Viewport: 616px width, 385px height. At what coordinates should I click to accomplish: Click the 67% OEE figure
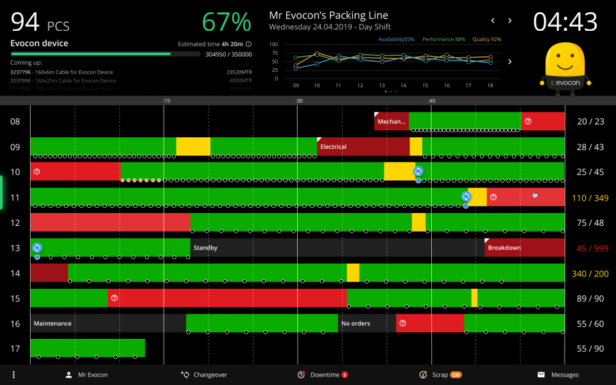[x=227, y=22]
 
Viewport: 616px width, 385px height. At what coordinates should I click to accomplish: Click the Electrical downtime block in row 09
[x=363, y=147]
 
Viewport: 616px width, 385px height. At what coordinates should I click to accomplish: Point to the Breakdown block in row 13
[x=524, y=248]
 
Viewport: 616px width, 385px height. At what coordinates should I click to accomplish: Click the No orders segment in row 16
[x=366, y=323]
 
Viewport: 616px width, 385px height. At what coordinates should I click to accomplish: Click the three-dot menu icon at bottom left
[x=13, y=375]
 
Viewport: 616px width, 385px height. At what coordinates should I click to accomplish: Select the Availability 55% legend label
[x=396, y=40]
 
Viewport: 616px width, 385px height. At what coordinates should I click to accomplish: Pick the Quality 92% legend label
[x=486, y=40]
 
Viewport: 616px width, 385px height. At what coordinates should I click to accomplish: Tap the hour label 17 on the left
[x=15, y=349]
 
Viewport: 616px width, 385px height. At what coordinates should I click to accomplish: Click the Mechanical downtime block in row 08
[x=391, y=121]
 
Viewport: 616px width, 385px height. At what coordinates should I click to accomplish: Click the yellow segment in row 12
[x=418, y=223]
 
